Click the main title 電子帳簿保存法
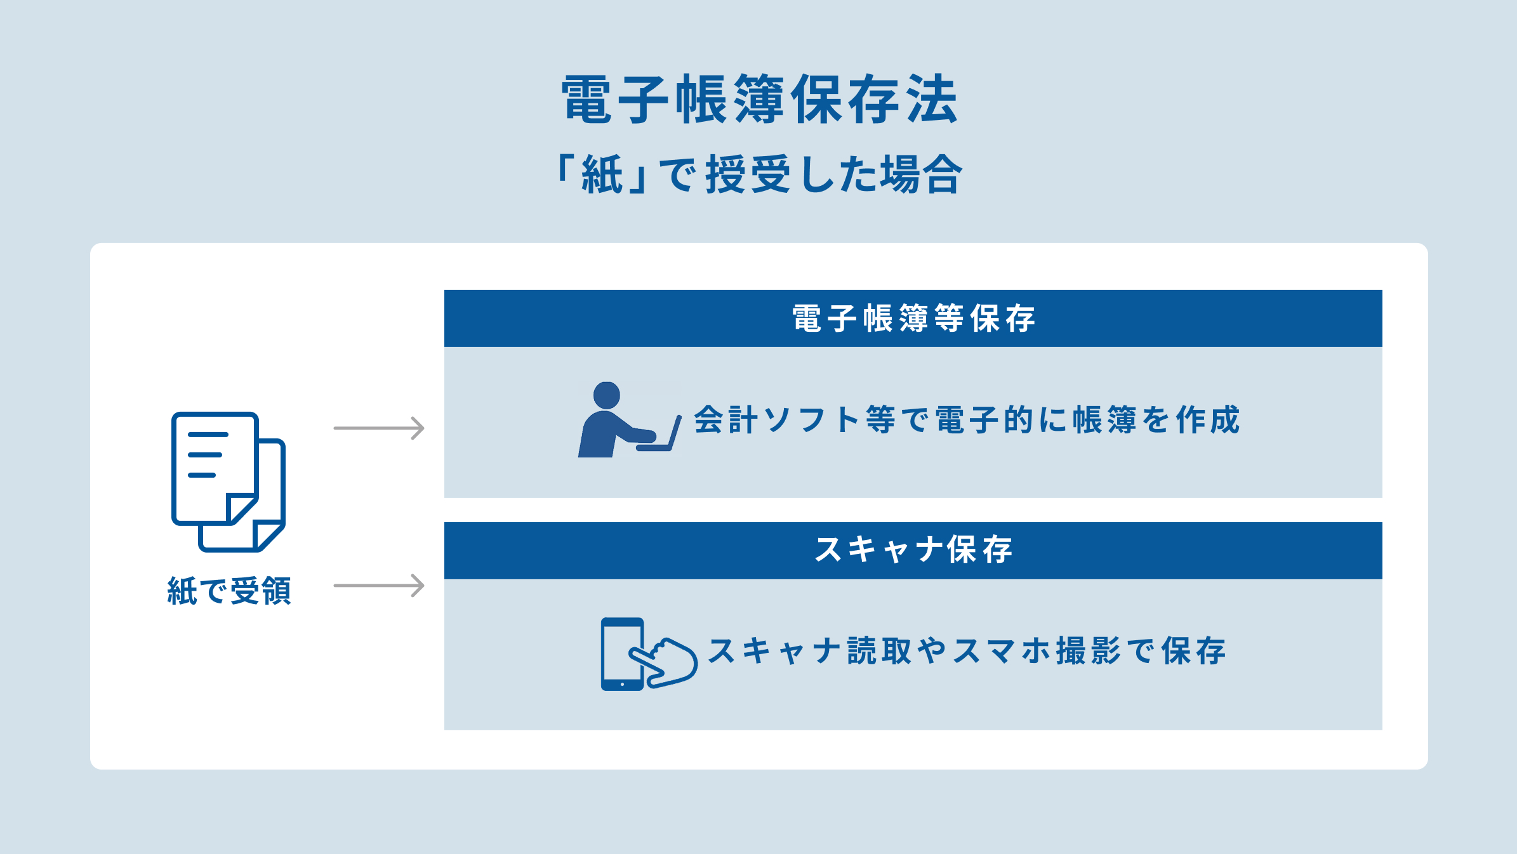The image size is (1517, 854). [x=759, y=100]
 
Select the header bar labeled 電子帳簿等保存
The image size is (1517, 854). [x=913, y=319]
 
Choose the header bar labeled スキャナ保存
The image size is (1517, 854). [x=913, y=550]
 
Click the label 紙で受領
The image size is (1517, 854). [x=229, y=591]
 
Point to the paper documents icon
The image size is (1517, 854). [x=229, y=482]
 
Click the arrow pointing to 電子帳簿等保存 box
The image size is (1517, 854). [x=379, y=428]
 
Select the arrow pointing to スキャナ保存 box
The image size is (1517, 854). [x=379, y=586]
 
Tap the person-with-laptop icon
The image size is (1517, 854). [x=628, y=420]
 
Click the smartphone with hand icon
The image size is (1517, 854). [x=648, y=654]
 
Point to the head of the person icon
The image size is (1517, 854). [x=606, y=395]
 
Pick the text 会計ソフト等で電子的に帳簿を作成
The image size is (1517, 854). [x=966, y=420]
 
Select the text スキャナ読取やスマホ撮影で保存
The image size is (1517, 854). [x=966, y=652]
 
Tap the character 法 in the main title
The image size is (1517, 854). [x=932, y=100]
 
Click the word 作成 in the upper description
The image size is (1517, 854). [x=1207, y=420]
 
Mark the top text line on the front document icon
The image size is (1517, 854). [x=208, y=435]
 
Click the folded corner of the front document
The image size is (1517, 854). [x=241, y=508]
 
